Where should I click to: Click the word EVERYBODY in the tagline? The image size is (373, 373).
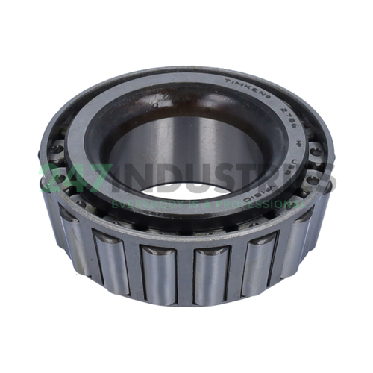click(137, 203)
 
